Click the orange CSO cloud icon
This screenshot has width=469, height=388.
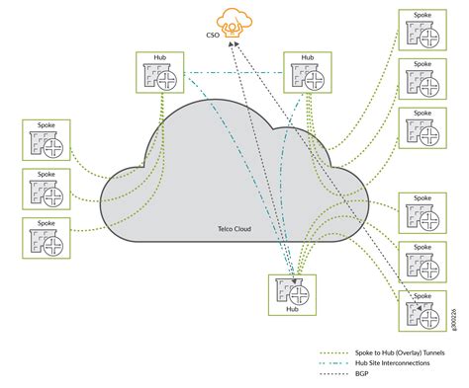234,20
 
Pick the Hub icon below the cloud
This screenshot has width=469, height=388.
292,292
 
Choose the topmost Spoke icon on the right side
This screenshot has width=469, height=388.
421,33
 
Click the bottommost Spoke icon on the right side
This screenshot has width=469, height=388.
421,312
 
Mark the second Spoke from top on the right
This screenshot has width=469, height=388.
421,80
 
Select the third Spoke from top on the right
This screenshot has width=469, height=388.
421,127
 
